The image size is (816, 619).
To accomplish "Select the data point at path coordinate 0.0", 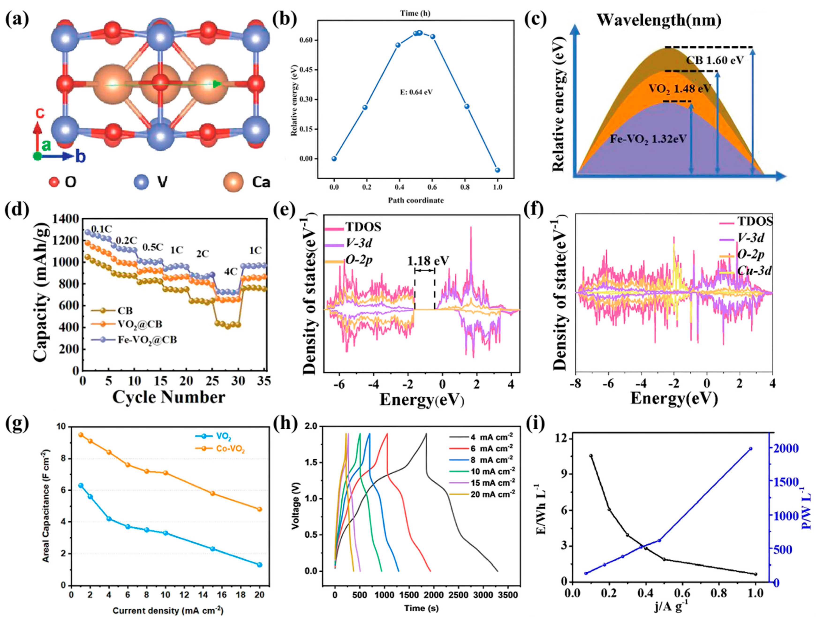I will click(x=334, y=159).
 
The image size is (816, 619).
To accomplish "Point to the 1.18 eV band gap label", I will click(x=428, y=261).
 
